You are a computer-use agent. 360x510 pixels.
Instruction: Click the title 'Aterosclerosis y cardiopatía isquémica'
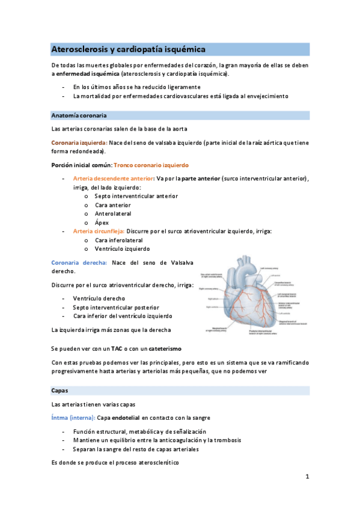129,49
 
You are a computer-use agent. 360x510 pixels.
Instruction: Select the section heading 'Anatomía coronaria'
79,115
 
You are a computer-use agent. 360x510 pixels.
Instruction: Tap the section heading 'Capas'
60,390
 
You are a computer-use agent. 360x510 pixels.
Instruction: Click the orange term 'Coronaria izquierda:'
79,143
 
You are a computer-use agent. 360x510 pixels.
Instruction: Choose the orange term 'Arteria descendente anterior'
112,178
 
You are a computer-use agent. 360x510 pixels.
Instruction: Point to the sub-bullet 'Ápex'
102,223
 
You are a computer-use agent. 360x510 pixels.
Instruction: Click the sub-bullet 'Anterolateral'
113,214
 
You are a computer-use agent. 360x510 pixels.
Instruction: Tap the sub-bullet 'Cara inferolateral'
118,240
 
